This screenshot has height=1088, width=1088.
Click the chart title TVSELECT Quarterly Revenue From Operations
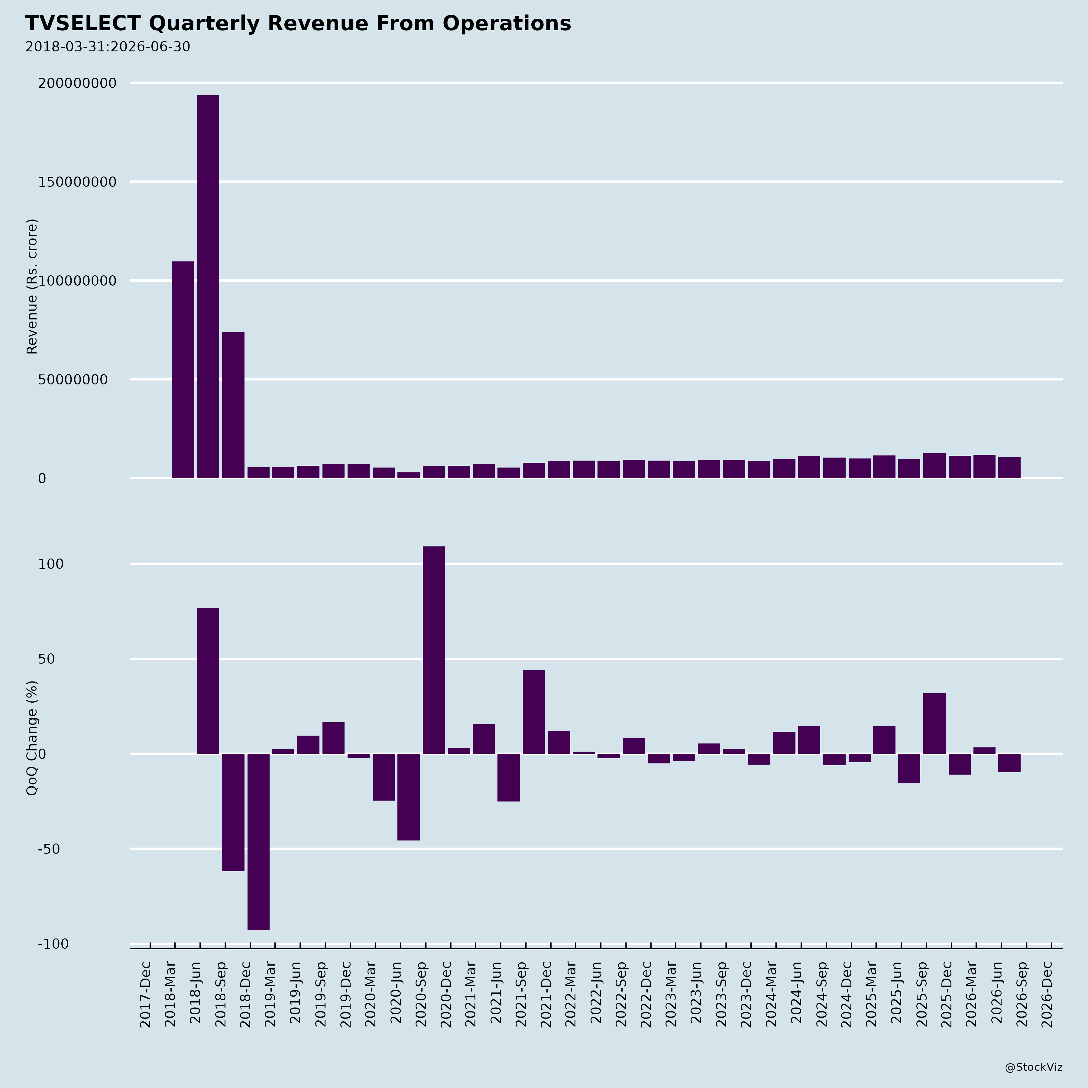298,24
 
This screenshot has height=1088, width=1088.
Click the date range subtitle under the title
108,47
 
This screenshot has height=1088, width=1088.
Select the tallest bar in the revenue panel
208,287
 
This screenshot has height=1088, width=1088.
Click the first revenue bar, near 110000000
183,370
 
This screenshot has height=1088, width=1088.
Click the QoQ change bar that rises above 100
434,650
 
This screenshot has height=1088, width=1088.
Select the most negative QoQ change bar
258,841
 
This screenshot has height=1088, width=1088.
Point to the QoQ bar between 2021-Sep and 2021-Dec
534,712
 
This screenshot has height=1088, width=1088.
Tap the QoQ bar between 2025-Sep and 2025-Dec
934,724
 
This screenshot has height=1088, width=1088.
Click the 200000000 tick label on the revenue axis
77,83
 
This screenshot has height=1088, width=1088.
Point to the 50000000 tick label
73,380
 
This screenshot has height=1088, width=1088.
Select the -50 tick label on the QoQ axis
49,849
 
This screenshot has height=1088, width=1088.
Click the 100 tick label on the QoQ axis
51,564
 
